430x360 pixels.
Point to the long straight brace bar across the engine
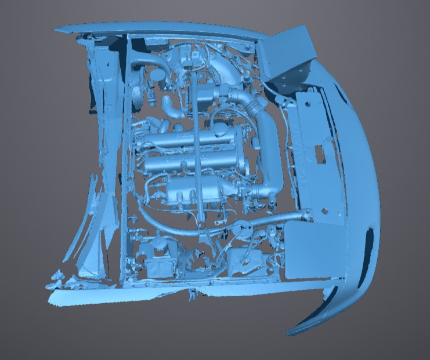point(198,157)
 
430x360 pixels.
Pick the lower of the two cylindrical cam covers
point(191,164)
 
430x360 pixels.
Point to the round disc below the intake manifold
point(241,228)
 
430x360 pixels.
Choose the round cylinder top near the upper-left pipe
point(158,75)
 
